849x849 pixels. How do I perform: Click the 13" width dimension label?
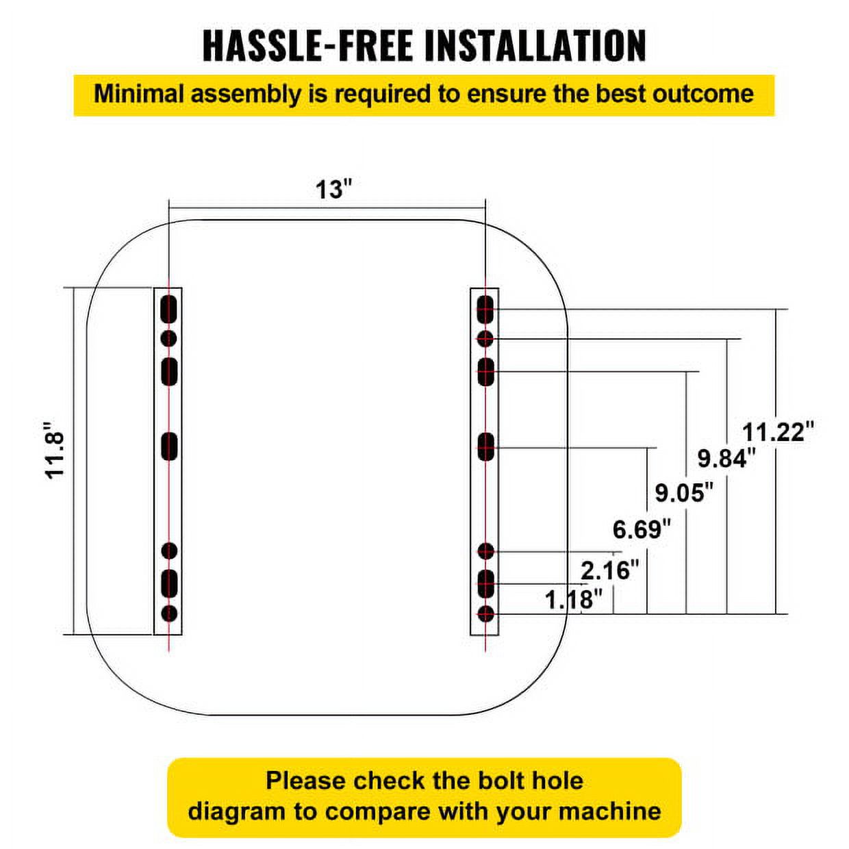point(334,190)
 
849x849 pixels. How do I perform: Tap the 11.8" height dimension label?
point(55,451)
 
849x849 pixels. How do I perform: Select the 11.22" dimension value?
point(778,432)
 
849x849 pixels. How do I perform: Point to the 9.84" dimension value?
point(727,459)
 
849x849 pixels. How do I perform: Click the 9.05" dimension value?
point(684,492)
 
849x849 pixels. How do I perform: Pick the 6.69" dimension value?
point(642,529)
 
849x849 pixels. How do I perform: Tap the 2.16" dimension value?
point(610,570)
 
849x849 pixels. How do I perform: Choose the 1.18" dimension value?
point(574,600)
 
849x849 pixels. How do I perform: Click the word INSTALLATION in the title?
point(535,46)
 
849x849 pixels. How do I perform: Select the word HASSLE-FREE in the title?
point(307,46)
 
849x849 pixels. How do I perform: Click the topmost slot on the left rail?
point(169,309)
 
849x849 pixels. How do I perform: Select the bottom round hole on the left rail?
point(170,613)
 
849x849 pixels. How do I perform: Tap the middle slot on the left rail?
point(169,446)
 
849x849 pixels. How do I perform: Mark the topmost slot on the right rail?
point(485,309)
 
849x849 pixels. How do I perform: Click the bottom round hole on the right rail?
point(485,613)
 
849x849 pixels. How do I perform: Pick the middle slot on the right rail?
point(485,447)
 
